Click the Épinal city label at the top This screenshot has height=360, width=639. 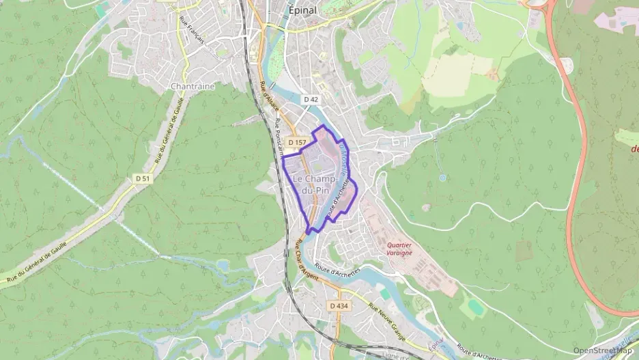(x=303, y=10)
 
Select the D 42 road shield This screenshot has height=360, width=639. (x=311, y=99)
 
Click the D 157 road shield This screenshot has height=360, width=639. (x=296, y=142)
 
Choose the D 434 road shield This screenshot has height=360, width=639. (x=339, y=305)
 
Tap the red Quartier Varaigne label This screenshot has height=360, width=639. (x=399, y=248)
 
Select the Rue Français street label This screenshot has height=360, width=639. (x=192, y=31)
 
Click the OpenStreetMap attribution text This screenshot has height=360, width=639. (x=602, y=351)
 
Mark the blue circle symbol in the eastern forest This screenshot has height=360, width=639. (x=442, y=178)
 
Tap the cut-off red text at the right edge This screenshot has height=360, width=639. (x=634, y=148)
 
